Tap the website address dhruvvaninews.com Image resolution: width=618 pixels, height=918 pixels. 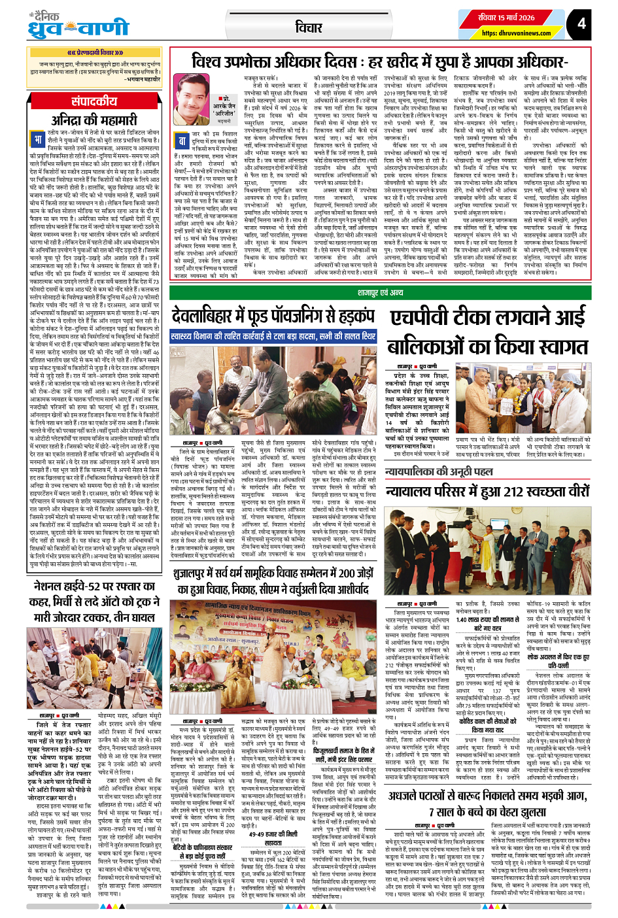pos(516,33)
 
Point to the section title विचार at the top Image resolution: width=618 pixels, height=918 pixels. pos(309,27)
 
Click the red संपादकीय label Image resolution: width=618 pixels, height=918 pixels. pos(94,101)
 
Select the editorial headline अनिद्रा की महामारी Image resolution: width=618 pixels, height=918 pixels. pos(94,120)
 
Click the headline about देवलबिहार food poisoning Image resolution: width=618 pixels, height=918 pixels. pos(273,316)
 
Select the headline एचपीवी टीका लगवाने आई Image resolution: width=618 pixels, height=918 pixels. pos(488,318)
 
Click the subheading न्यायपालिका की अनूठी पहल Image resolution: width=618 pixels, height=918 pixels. pos(438,471)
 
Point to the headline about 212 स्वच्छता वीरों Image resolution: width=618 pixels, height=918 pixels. pos(487,490)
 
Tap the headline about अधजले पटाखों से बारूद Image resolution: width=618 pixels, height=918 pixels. pos(487,803)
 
